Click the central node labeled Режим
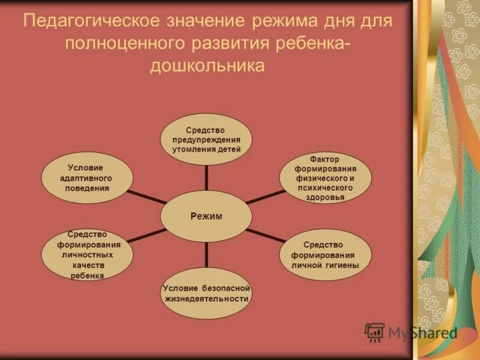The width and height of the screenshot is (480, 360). [206, 217]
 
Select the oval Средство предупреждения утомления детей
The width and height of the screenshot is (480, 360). [206, 139]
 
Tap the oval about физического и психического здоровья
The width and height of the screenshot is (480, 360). [325, 178]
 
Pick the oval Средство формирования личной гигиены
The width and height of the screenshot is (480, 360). [325, 254]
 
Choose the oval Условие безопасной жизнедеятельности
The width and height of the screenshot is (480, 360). [206, 293]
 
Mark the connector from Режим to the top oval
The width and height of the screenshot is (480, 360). [206, 178]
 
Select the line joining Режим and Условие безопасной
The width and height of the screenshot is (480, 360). [206, 254]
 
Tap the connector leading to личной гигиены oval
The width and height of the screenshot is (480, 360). [265, 235]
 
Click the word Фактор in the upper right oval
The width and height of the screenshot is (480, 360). [325, 159]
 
